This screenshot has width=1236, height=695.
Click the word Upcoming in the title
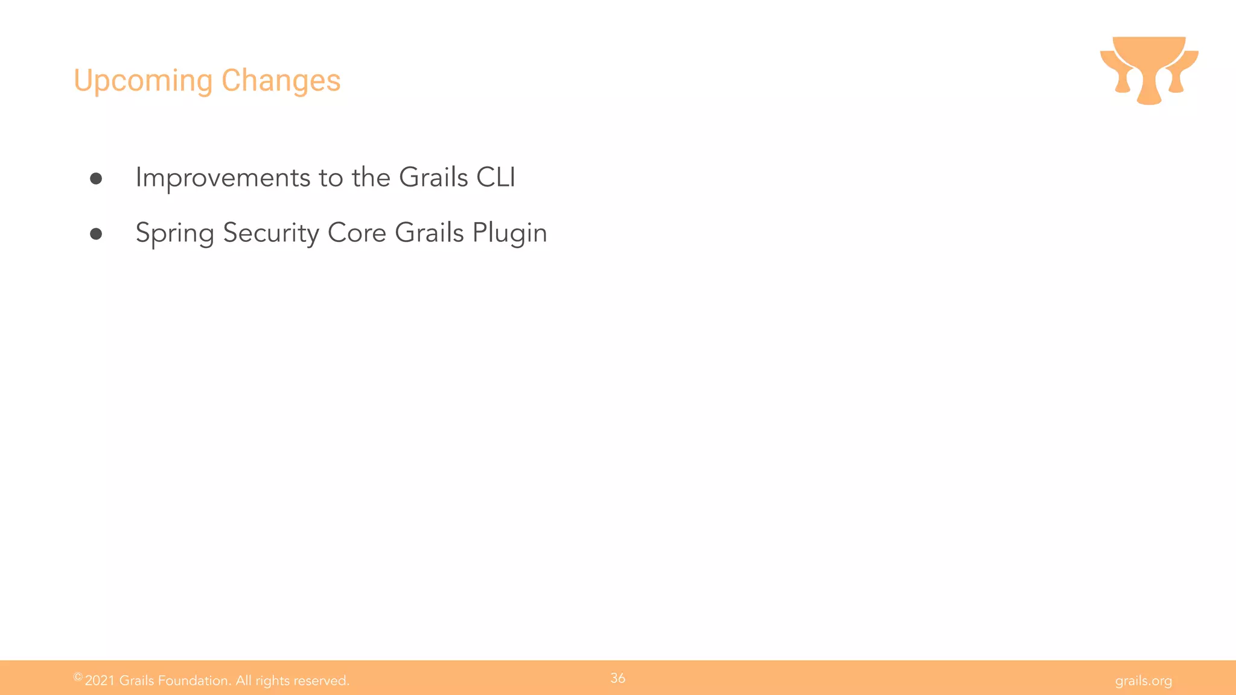click(x=143, y=81)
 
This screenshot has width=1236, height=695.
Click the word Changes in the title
click(x=281, y=81)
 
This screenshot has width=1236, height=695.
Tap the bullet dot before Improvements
click(x=96, y=178)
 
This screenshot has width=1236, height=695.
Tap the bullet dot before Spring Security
click(x=96, y=233)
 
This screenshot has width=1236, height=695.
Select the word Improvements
click(x=223, y=178)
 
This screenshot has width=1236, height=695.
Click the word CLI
click(x=495, y=177)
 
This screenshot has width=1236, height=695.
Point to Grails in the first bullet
click(x=433, y=177)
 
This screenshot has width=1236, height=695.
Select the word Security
click(x=271, y=233)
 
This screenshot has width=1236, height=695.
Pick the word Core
click(x=357, y=233)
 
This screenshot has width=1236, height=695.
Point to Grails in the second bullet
click(x=429, y=233)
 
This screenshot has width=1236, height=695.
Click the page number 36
click(x=617, y=678)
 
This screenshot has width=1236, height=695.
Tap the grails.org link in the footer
click(x=1143, y=681)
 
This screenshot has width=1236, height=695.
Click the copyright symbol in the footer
click(x=78, y=677)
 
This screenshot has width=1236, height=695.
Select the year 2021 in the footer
click(x=100, y=681)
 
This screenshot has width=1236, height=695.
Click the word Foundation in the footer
click(x=194, y=681)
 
